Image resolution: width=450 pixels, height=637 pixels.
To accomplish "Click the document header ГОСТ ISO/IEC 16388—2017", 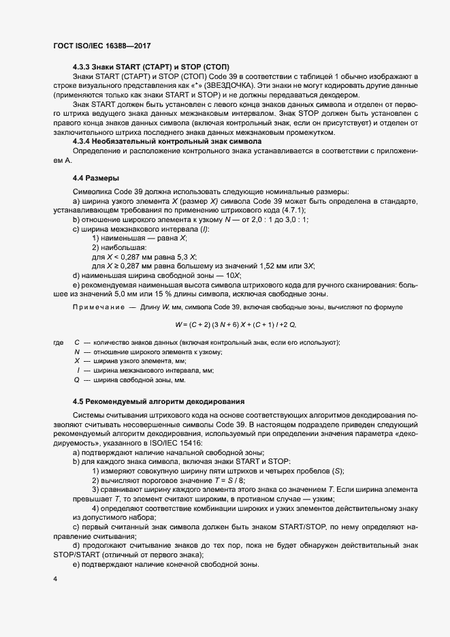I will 101,46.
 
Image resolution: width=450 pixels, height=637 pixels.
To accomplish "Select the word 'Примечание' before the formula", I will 98,308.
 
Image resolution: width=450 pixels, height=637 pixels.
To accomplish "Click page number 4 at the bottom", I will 55,580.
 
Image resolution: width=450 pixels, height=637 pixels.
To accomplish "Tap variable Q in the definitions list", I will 77,379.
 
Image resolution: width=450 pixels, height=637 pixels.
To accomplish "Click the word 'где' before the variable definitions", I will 57,342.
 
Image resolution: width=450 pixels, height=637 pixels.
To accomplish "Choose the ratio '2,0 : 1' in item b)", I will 262,219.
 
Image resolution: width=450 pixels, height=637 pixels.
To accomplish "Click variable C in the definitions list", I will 77,342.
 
